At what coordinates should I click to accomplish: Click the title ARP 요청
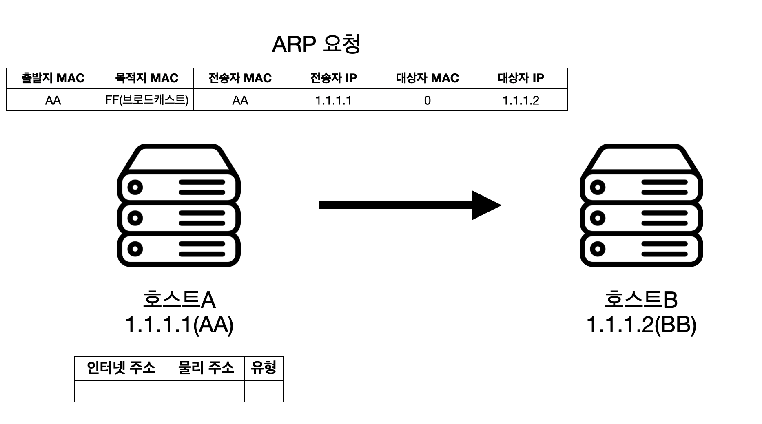pos(316,44)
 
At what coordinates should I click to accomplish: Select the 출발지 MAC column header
pos(53,78)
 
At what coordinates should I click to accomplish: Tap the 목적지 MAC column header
pos(146,78)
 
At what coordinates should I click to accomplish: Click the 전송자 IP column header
pos(334,78)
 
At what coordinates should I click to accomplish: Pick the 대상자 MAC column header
pos(427,78)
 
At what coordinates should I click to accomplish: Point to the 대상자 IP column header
pos(521,78)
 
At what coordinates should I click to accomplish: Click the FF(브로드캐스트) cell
pos(146,100)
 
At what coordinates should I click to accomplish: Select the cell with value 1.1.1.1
pos(334,100)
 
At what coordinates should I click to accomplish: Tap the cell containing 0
pos(427,100)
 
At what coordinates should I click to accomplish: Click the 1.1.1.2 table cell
pos(521,100)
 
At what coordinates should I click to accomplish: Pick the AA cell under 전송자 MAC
pos(240,100)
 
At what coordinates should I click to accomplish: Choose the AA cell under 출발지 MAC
pos(53,100)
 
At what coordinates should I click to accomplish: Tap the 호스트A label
pos(179,300)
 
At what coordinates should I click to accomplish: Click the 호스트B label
pos(641,300)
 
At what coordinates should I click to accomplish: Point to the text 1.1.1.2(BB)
pos(641,325)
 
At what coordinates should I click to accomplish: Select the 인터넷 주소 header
pos(121,368)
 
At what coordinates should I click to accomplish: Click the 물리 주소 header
pos(206,368)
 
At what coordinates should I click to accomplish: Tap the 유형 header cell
pos(264,368)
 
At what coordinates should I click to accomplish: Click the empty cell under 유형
pos(264,391)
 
